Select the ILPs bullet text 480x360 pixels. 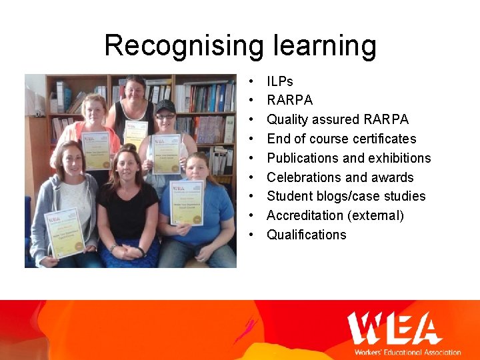tap(280, 81)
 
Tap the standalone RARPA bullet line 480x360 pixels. tap(289, 101)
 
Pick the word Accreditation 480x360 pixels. tap(305, 215)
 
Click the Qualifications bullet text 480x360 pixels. tap(307, 235)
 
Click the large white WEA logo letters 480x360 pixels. tap(394, 328)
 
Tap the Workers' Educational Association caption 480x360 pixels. tap(407, 352)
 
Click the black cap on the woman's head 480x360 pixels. tap(165, 106)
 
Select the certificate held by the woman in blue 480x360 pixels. tap(187, 202)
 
